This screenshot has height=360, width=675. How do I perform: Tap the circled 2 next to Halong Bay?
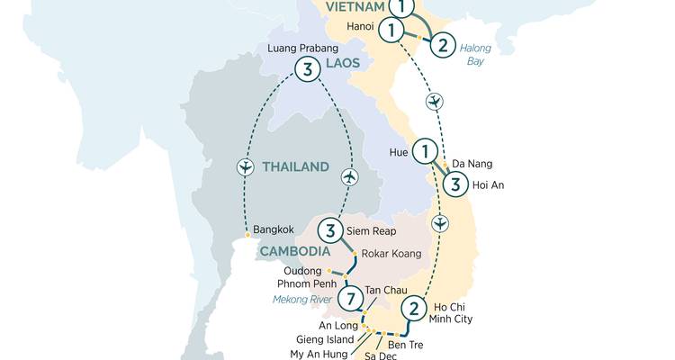[443, 43]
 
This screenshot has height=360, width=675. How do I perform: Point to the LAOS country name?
[342, 63]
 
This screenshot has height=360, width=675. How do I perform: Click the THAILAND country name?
[296, 166]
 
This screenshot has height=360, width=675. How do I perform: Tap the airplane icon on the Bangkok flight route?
[244, 167]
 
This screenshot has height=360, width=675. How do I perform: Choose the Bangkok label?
[274, 230]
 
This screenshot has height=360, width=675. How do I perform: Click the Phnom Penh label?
[307, 284]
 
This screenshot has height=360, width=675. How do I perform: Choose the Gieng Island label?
[328, 339]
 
